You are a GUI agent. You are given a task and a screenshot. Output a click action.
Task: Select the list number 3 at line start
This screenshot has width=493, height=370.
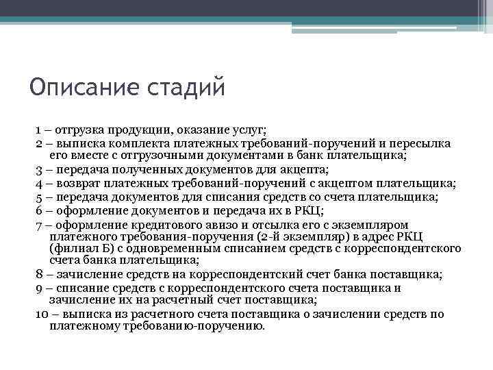pos(40,169)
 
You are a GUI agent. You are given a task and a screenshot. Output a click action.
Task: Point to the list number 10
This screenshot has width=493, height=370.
pos(40,314)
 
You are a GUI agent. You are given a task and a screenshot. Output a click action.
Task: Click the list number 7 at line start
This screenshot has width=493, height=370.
pos(40,224)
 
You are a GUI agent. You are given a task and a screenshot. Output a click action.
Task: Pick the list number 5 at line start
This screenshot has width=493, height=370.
pos(40,197)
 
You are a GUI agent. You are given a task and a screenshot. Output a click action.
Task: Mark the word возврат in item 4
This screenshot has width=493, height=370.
pos(81,183)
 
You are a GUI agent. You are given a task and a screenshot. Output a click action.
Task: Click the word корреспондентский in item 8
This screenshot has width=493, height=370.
pos(244,275)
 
